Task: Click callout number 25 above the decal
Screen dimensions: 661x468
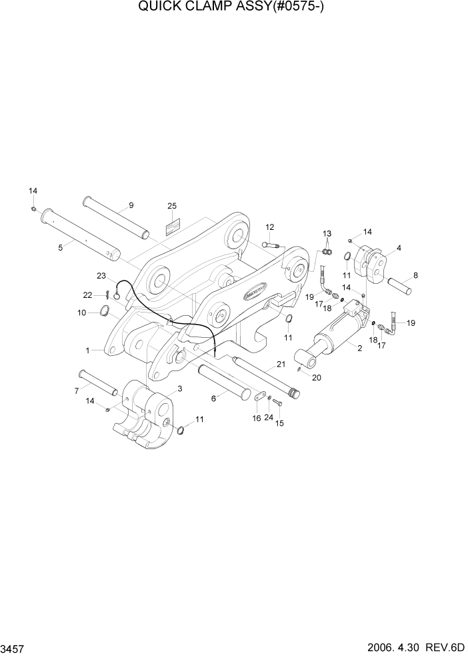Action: coord(172,206)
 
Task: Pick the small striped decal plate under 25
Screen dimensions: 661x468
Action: coord(172,226)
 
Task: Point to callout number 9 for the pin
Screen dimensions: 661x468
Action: coord(131,205)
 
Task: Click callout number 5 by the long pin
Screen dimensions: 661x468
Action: coord(60,247)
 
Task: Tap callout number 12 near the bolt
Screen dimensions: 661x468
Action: coord(270,227)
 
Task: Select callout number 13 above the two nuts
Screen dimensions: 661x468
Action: coord(327,233)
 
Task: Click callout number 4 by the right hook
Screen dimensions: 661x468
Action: coord(398,248)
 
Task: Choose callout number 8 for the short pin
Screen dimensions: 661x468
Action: coord(415,275)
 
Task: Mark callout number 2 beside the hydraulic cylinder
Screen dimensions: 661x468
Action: coord(360,348)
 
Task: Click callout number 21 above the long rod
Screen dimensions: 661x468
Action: coord(281,364)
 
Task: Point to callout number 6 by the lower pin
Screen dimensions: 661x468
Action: coord(213,398)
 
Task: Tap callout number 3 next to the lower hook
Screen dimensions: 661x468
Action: coord(179,388)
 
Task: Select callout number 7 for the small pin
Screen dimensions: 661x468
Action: coord(77,389)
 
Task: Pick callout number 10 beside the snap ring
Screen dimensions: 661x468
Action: coord(81,312)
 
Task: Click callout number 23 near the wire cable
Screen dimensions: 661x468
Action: coord(101,275)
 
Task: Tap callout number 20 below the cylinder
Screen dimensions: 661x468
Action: coord(316,378)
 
